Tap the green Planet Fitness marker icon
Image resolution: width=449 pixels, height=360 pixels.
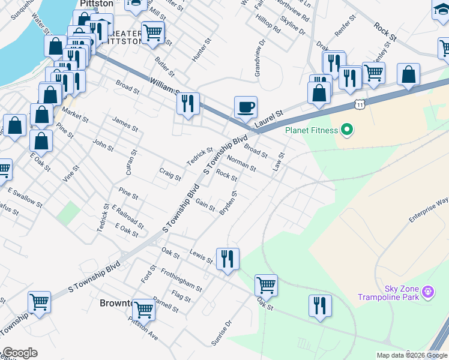346,129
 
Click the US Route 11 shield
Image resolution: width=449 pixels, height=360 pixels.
359,104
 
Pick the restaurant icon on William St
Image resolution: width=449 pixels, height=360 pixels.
188,104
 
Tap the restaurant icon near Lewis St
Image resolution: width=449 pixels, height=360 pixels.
228,259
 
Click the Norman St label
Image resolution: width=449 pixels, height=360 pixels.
241,163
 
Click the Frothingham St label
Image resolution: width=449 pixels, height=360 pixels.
181,280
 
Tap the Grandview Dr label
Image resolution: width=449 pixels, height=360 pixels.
259,59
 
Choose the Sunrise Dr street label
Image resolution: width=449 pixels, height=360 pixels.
221,333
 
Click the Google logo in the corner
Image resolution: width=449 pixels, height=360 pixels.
19,353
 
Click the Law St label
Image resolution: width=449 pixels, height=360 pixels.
278,161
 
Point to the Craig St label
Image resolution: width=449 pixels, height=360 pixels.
170,175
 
